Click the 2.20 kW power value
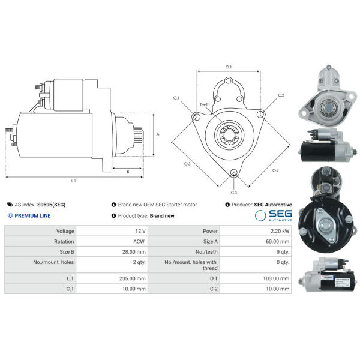coord(280,231)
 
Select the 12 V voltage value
coord(140,231)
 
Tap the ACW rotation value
coord(139,242)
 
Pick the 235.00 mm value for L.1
coord(133,278)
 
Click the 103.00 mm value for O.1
coord(276,278)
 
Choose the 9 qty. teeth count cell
coord(283,252)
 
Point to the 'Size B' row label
coord(67,252)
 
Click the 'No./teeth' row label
coord(206,252)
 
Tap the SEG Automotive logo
coord(274,215)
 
